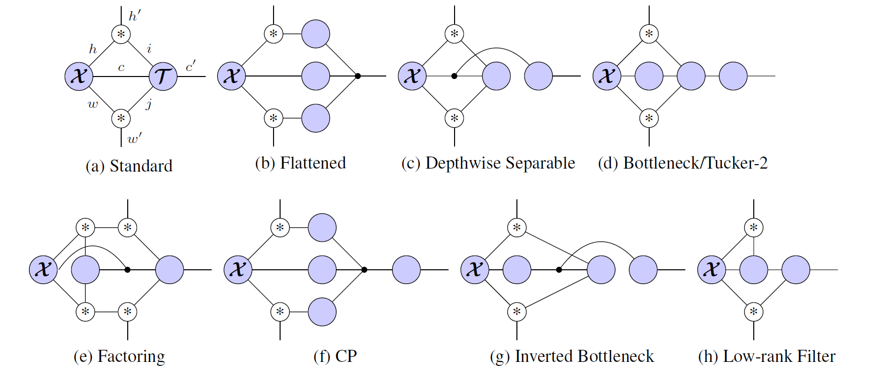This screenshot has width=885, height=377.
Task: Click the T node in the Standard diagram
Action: coord(163,77)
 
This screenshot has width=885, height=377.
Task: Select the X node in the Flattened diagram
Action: coord(231,77)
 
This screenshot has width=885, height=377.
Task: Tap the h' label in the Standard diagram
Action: coord(134,16)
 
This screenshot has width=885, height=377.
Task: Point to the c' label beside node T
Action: coord(191,66)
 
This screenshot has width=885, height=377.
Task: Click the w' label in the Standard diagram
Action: coord(134,138)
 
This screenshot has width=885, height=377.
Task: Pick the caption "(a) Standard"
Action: coord(129,166)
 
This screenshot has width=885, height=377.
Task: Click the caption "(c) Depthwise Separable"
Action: coord(488,163)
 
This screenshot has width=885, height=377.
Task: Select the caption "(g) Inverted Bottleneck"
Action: coord(572,356)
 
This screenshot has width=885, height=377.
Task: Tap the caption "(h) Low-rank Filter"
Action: coord(766,356)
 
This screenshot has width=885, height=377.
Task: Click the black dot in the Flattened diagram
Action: coord(358,76)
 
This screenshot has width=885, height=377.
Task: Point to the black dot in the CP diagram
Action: coord(364,270)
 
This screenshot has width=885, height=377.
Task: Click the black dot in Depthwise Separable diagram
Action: coord(454,76)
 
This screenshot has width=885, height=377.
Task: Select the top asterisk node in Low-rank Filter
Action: coord(753,228)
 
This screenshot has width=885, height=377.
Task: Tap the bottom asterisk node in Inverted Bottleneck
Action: coord(517,312)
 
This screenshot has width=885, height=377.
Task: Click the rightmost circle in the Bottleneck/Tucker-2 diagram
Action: coord(733,76)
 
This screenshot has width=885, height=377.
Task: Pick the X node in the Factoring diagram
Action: coord(44,270)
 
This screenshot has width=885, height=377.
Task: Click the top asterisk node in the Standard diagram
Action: coord(121,34)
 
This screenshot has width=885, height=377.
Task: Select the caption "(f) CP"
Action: coord(335,356)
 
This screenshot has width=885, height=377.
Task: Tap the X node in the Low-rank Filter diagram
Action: coord(712,270)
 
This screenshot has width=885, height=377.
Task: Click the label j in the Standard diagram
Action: coord(149,105)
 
